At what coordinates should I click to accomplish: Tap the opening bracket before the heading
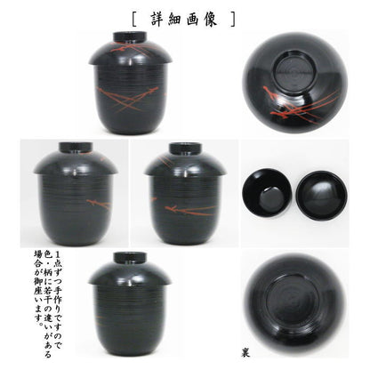134,17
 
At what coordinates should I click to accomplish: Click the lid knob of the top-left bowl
132,36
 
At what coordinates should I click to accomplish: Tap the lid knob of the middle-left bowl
76,147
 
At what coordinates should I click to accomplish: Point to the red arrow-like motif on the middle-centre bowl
178,211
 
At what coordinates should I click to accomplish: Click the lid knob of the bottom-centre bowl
132,260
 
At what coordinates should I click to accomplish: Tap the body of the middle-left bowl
76,209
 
